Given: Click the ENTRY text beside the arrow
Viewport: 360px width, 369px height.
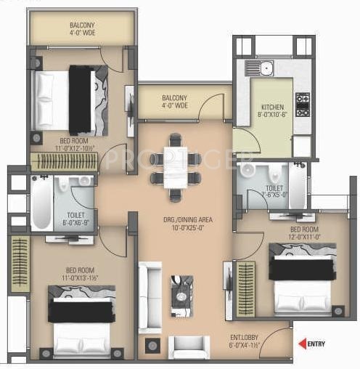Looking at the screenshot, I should point(316,344).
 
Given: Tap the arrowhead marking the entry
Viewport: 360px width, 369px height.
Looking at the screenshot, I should point(301,344).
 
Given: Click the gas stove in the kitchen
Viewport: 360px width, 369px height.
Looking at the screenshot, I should point(302,105).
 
